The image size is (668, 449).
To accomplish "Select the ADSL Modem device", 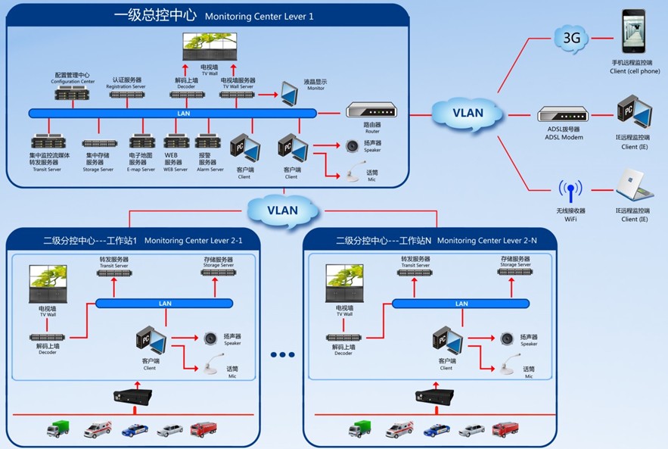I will point(562,115).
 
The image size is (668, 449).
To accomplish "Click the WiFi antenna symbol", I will point(570,191).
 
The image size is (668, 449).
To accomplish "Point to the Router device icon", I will point(371,111).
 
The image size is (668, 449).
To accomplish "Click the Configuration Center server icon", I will point(71,93).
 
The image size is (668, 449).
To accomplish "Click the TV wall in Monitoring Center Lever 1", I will point(210,47).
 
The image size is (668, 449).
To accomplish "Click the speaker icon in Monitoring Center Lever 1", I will point(351,145).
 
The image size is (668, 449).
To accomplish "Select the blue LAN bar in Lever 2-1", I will point(165,304).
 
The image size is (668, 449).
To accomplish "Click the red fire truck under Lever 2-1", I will point(203,429).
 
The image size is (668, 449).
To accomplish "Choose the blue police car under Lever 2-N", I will point(437,430).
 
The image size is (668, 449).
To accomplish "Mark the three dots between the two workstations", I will point(282,354).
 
